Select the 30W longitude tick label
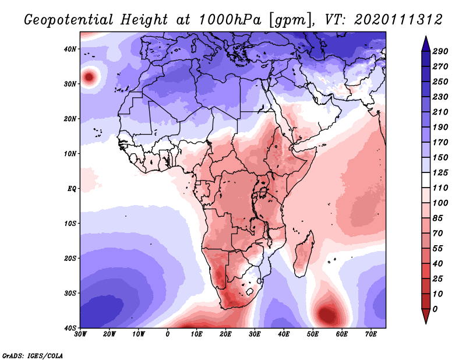[x=80, y=334]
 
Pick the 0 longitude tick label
[x=168, y=334]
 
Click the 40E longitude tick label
[x=284, y=334]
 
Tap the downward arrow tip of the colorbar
[x=425, y=321]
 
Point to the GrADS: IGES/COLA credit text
[x=33, y=354]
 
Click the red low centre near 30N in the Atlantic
[x=89, y=76]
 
